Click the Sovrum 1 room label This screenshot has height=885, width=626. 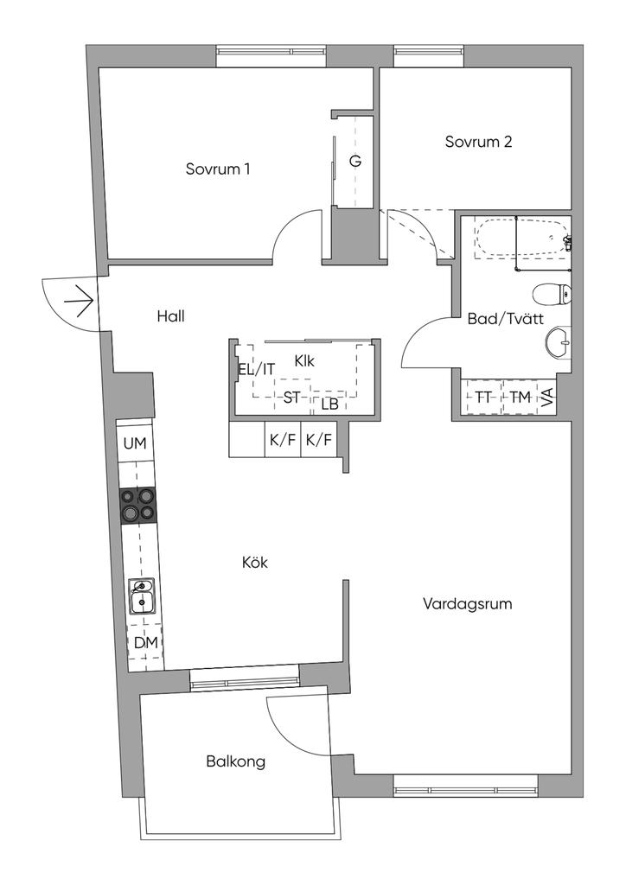pos(218,169)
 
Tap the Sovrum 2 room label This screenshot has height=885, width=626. pos(478,142)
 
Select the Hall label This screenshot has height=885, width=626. pos(170,316)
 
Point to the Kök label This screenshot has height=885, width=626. pos(255,563)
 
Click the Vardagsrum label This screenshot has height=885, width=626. pos(467,603)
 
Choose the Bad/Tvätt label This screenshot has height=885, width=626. pos(505,318)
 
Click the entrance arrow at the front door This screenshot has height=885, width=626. pos(78,301)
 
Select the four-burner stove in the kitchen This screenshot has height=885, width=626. pos(138,505)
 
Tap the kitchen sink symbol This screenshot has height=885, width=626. pos(142,596)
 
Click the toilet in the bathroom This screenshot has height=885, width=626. pos(553,295)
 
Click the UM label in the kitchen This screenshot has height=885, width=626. pos(135,443)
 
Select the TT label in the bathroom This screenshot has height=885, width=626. pos(482,398)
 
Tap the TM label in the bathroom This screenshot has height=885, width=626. pos(519,398)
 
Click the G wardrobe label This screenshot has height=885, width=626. pos(355,161)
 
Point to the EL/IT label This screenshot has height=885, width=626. pos(257,369)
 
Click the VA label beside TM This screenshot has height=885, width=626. pos(547,398)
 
